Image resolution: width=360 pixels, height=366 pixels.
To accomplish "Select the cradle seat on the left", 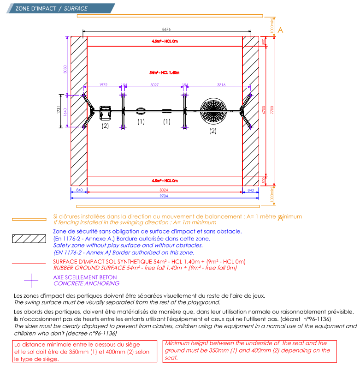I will pyautogui.click(x=106, y=111).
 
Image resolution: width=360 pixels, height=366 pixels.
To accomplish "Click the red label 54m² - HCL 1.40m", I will pyautogui.click(x=164, y=73).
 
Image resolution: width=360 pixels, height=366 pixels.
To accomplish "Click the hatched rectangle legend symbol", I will pyautogui.click(x=29, y=239).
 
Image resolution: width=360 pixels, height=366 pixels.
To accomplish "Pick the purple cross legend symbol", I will pyautogui.click(x=31, y=280).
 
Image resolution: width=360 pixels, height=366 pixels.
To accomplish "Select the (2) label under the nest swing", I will pyautogui.click(x=212, y=131).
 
